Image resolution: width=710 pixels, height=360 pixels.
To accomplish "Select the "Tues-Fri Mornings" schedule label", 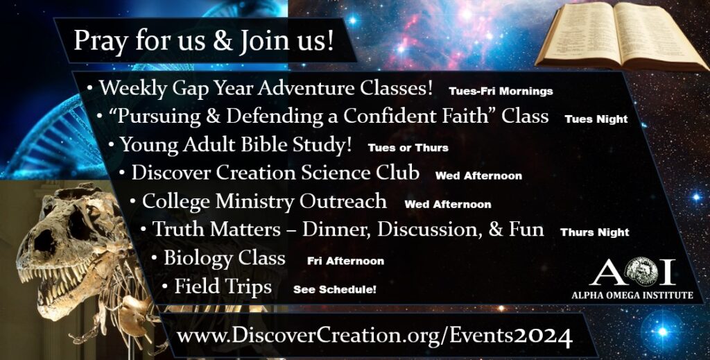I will [501, 91].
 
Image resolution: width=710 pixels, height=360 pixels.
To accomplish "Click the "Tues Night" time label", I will [596, 119].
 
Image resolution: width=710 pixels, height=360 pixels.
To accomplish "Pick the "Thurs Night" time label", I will [595, 232].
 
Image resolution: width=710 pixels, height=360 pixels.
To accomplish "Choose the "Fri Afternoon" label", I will [345, 261].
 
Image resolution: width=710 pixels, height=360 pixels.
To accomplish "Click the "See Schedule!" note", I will [335, 289].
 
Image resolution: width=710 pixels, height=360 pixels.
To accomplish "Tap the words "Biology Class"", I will [224, 258].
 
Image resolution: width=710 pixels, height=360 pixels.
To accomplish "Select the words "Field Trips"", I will [223, 286].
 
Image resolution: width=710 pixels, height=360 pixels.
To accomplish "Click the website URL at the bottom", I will [374, 338].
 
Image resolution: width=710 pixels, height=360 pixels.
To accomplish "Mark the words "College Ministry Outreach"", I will [264, 201].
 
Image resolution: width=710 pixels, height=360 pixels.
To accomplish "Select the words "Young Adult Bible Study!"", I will [236, 145].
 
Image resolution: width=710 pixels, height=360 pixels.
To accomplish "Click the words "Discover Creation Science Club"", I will [275, 173].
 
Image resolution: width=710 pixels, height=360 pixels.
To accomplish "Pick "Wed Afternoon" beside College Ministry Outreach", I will [448, 205].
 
